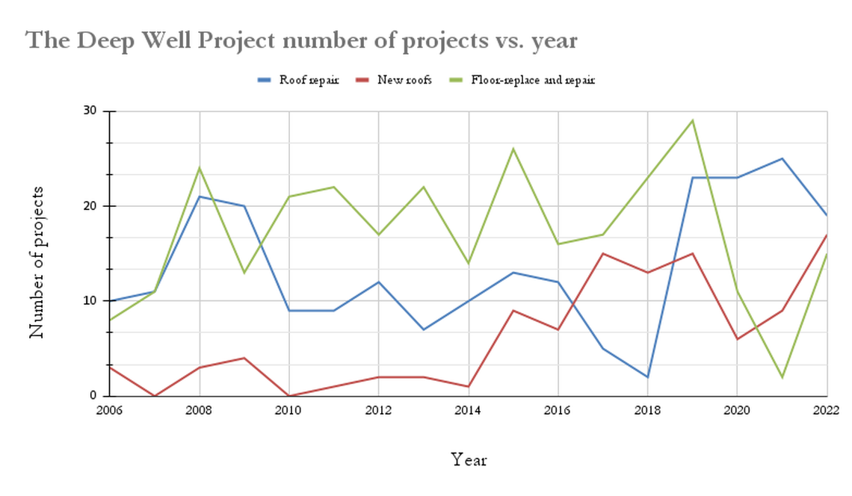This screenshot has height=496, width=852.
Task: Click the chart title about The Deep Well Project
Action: pyautogui.click(x=302, y=40)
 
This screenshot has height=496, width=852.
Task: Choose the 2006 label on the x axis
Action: pyautogui.click(x=110, y=410)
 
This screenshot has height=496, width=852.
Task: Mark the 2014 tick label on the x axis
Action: pyautogui.click(x=469, y=410)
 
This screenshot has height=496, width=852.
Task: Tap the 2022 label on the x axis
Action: pyautogui.click(x=827, y=410)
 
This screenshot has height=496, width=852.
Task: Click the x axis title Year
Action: pyautogui.click(x=469, y=459)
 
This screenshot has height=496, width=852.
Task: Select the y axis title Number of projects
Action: pyautogui.click(x=37, y=262)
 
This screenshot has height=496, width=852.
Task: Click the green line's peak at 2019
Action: pyautogui.click(x=693, y=120)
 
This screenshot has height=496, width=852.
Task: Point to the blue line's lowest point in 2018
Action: pyautogui.click(x=648, y=377)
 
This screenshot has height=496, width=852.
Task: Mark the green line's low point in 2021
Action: pyautogui.click(x=782, y=377)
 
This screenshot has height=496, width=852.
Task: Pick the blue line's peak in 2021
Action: pyautogui.click(x=782, y=158)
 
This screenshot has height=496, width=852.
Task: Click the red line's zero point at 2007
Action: pyautogui.click(x=155, y=396)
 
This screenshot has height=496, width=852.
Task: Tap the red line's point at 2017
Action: pyautogui.click(x=603, y=253)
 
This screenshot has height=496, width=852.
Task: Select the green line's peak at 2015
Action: pyautogui.click(x=513, y=149)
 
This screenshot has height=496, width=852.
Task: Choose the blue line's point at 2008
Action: pyautogui.click(x=200, y=196)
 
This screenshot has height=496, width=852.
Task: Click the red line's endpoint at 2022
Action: pyautogui.click(x=827, y=235)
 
